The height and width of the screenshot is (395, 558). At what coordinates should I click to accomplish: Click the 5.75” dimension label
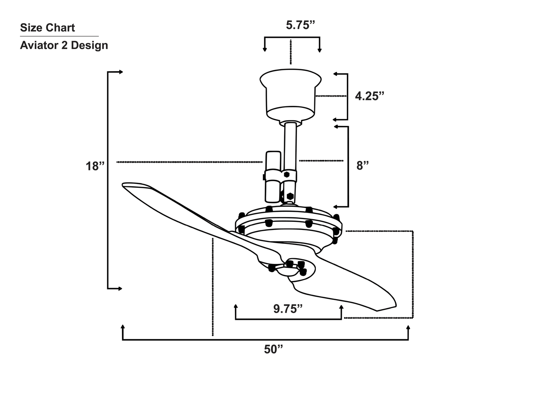point(300,26)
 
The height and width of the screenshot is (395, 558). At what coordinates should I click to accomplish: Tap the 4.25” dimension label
point(370,96)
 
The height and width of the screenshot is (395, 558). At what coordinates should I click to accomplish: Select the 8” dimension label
point(362,166)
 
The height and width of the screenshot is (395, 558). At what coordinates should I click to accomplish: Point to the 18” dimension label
point(95,167)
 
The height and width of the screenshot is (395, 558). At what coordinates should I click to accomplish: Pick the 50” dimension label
point(273,349)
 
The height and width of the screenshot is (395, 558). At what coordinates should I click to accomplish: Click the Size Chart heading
point(47,28)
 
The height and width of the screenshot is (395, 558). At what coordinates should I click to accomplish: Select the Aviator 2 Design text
point(64,45)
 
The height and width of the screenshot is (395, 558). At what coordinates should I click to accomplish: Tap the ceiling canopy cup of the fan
point(290,95)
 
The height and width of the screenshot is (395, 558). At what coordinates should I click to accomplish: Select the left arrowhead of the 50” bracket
point(123,327)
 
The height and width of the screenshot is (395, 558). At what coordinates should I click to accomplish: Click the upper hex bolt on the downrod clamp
point(287,175)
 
